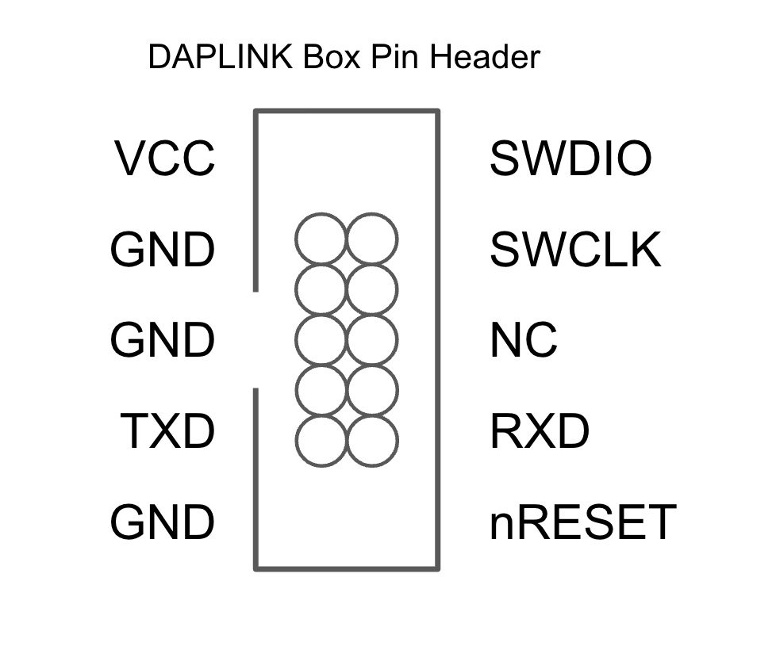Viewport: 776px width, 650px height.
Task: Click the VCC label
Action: [x=165, y=159]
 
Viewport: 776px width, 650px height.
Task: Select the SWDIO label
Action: [x=570, y=159]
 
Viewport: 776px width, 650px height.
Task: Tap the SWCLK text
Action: [x=575, y=250]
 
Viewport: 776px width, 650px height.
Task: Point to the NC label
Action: [x=524, y=340]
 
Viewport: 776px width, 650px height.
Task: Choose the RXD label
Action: [x=540, y=431]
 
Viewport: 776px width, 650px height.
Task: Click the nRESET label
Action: [x=582, y=522]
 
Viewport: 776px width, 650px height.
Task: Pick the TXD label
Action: [x=168, y=431]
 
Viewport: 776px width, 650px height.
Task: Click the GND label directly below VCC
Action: [x=163, y=250]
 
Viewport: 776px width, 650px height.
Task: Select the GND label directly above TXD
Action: [x=163, y=340]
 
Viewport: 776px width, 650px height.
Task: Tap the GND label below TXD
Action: [x=163, y=522]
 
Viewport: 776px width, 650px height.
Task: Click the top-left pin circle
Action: [x=321, y=239]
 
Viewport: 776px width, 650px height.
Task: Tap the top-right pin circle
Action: [x=372, y=239]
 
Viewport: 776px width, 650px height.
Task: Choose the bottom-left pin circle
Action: [x=321, y=439]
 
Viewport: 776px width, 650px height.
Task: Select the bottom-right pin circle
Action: [x=372, y=439]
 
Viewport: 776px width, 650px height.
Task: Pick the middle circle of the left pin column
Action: [x=321, y=339]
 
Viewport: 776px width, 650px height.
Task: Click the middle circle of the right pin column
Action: [x=372, y=339]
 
